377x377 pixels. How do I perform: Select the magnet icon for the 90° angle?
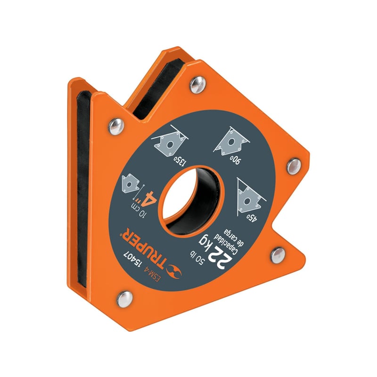click(229, 140)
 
